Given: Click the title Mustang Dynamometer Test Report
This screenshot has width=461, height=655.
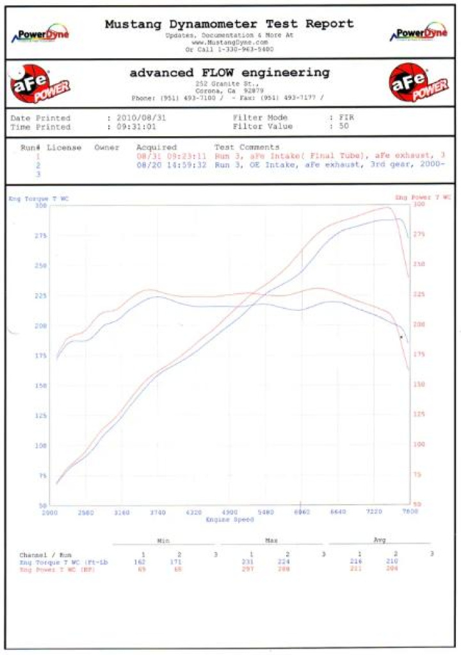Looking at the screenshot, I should click(x=229, y=24).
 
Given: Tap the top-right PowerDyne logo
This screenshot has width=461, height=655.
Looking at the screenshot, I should click(x=420, y=34).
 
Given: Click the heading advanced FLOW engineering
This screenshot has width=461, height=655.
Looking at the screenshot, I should click(x=230, y=72).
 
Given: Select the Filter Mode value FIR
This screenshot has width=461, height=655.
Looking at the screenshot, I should click(x=346, y=118).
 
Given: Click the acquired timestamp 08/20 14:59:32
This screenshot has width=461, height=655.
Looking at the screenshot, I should click(x=171, y=164).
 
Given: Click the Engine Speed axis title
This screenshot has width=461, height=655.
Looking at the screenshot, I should click(x=230, y=520).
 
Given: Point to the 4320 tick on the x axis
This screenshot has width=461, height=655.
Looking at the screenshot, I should click(x=193, y=512).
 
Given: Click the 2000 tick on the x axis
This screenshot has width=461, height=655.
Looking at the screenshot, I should click(x=50, y=512).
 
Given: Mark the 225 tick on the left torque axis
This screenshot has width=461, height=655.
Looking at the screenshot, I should click(x=40, y=296).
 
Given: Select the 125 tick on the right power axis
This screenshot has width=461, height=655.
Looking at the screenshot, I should click(x=418, y=414).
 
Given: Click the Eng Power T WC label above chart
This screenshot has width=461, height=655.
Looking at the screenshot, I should click(x=423, y=198).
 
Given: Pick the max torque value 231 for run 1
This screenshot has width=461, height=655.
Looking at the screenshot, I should click(x=252, y=561).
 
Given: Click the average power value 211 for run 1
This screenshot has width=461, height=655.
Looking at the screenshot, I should click(x=360, y=569).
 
